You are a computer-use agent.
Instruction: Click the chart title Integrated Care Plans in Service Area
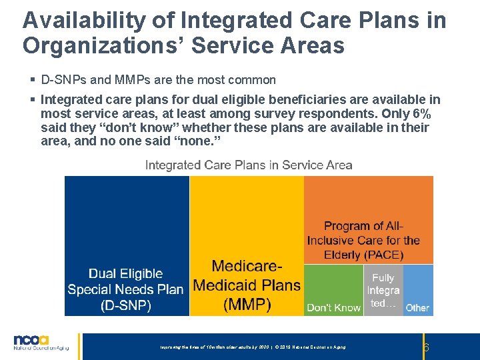(x=249, y=165)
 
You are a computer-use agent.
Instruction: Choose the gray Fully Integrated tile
(x=383, y=290)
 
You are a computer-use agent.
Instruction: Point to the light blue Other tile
(x=418, y=290)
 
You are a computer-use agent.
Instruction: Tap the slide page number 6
(x=426, y=347)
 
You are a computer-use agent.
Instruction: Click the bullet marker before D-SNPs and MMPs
(x=33, y=80)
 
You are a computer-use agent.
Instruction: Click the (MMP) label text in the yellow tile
(x=247, y=305)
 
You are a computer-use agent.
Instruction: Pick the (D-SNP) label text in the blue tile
(x=126, y=305)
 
